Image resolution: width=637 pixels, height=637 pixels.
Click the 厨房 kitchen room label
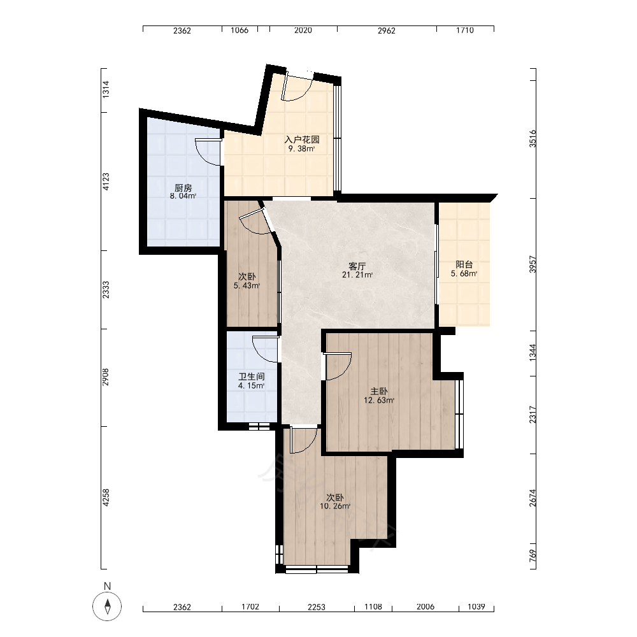183,188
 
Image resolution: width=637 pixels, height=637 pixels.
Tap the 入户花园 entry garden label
302,140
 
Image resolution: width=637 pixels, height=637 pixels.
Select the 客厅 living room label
357,266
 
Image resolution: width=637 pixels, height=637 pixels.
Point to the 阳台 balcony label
464,264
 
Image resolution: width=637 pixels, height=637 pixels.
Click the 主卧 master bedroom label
378,391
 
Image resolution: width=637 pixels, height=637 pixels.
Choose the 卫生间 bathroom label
252,376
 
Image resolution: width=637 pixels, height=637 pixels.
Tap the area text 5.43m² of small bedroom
247,285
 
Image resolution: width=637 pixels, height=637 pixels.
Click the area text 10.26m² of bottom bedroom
335,506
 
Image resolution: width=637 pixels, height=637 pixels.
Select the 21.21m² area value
357,275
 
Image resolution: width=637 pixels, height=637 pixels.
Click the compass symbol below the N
107,606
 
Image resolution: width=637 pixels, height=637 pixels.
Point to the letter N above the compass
107,586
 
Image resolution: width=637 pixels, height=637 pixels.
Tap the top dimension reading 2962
387,31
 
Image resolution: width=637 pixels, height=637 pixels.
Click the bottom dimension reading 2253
316,607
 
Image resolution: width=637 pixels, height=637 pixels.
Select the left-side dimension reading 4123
106,182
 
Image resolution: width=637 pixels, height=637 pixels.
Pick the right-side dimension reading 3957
533,264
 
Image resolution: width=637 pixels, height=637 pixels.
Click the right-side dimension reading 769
533,556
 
